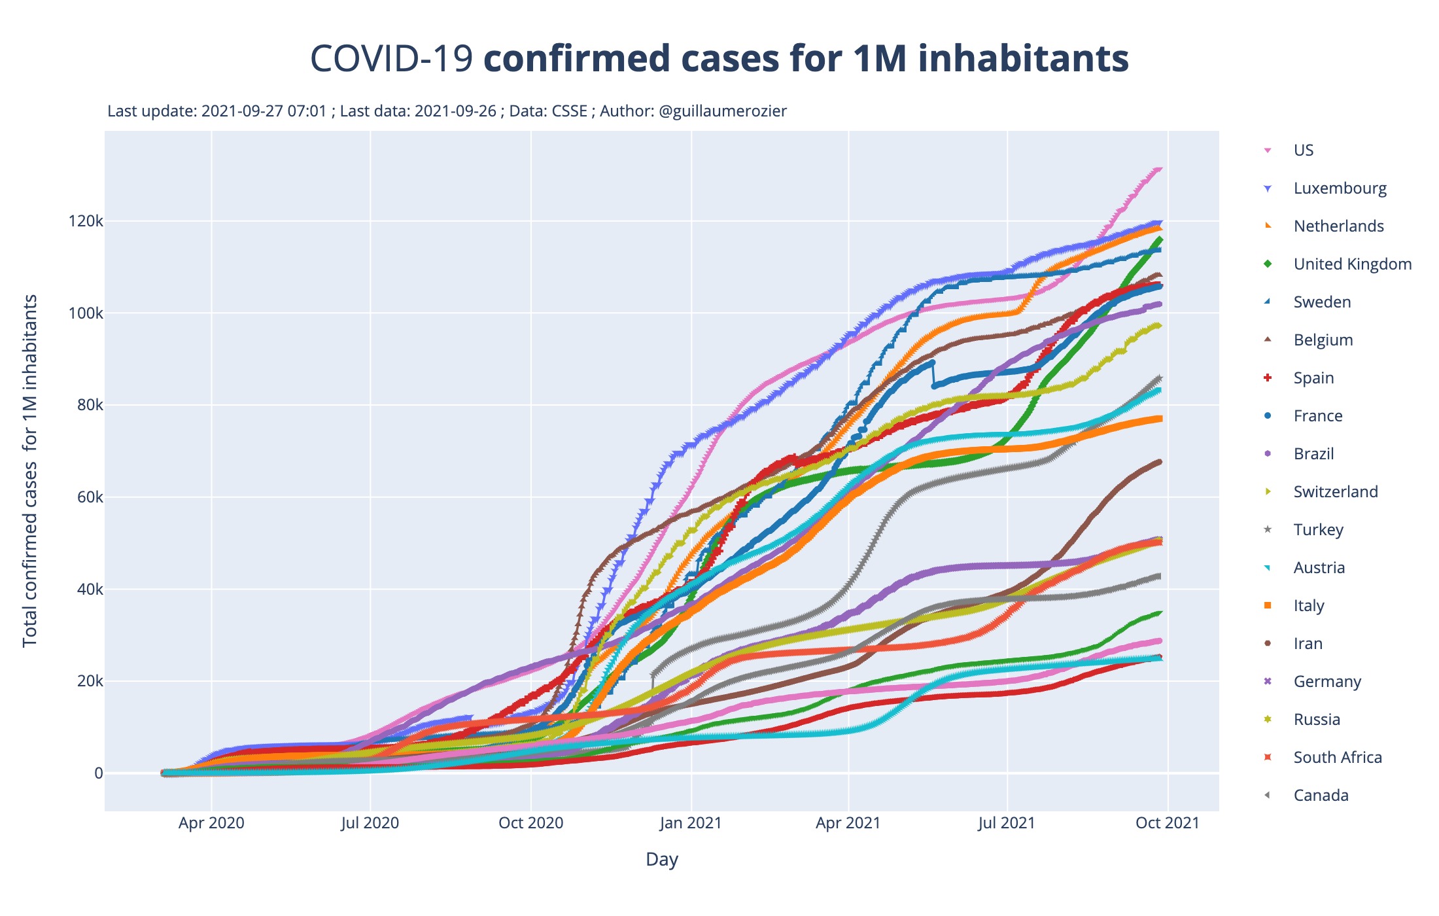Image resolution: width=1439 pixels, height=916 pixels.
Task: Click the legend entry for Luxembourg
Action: pyautogui.click(x=1340, y=188)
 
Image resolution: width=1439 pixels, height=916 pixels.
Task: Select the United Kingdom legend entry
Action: pyautogui.click(x=1352, y=264)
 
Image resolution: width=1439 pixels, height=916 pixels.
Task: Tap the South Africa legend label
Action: pyautogui.click(x=1338, y=758)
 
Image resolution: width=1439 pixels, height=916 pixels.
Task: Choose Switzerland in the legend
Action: pyautogui.click(x=1335, y=492)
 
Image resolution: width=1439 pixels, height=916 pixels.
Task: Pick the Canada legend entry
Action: pyautogui.click(x=1321, y=796)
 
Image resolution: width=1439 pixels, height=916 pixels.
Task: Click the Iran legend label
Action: pyautogui.click(x=1308, y=644)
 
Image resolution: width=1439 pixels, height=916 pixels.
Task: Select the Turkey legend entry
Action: pyautogui.click(x=1318, y=530)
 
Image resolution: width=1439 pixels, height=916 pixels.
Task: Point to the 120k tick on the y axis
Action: pyautogui.click(x=86, y=221)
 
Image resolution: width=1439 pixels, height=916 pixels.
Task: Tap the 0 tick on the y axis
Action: pyautogui.click(x=99, y=773)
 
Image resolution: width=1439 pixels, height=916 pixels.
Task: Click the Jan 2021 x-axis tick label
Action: pyautogui.click(x=690, y=823)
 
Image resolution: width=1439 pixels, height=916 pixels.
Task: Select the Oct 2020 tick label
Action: pyautogui.click(x=530, y=823)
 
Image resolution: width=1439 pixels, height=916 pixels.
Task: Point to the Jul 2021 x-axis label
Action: pyautogui.click(x=1007, y=823)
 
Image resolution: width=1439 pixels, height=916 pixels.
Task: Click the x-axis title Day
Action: pyautogui.click(x=661, y=859)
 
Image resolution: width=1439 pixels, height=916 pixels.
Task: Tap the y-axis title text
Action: pyautogui.click(x=30, y=470)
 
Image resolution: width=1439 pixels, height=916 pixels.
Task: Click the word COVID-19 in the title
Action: pyautogui.click(x=390, y=59)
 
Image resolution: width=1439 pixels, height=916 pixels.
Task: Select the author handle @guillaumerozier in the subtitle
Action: pyautogui.click(x=723, y=111)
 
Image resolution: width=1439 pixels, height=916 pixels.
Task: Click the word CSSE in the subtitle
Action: pyautogui.click(x=569, y=111)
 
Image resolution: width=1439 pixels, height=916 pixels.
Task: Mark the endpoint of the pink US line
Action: pyautogui.click(x=1159, y=169)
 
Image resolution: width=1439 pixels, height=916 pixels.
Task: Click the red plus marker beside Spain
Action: pyautogui.click(x=1268, y=378)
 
